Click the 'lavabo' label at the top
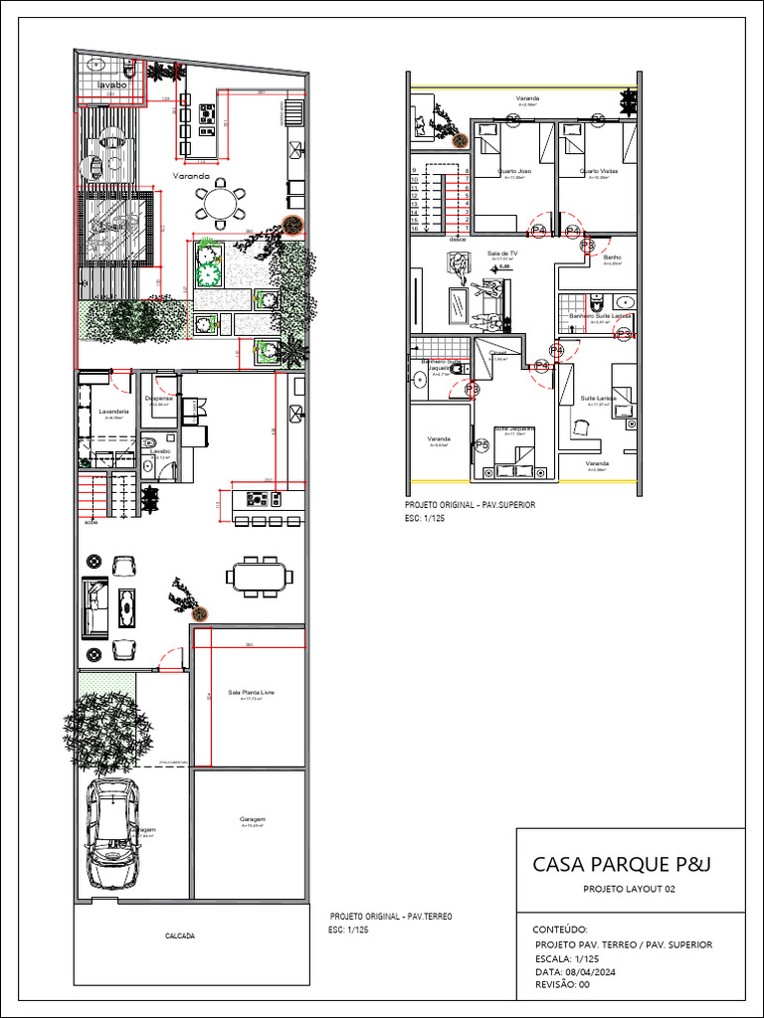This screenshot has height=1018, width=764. [x=112, y=86]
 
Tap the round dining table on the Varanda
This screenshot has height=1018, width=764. [x=218, y=204]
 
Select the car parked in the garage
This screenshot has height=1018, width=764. [x=111, y=833]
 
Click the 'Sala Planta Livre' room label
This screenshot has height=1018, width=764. [x=251, y=692]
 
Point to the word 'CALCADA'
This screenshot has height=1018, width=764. [x=180, y=936]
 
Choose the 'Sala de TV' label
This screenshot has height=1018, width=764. [x=502, y=254]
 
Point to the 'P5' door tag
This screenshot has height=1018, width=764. [x=482, y=444]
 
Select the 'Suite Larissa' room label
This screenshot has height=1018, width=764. [x=598, y=398]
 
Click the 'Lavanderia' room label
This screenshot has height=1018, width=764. [x=114, y=411]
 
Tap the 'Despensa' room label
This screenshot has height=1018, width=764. [x=158, y=398]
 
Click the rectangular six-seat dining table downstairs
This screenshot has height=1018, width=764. [x=259, y=576]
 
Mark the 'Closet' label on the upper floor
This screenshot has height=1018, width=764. [x=498, y=352]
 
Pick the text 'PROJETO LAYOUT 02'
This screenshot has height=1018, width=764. [x=629, y=890]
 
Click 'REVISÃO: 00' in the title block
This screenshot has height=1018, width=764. [x=563, y=984]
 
